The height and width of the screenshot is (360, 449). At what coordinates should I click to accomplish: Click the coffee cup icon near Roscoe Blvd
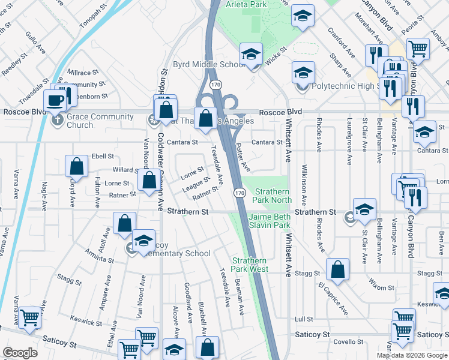point(55,100)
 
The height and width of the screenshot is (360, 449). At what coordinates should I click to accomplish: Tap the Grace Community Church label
point(80,121)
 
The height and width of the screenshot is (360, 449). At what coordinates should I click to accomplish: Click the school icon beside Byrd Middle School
point(251,55)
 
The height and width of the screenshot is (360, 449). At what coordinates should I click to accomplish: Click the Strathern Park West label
point(250,265)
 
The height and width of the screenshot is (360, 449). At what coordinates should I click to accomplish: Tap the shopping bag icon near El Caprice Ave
point(338,270)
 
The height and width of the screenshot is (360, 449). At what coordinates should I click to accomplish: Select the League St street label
point(196,183)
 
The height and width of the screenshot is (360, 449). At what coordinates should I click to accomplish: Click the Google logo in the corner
point(20,353)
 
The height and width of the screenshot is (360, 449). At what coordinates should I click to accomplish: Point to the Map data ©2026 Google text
point(411,355)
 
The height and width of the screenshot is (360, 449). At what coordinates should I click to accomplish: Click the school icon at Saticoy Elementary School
point(143,241)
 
